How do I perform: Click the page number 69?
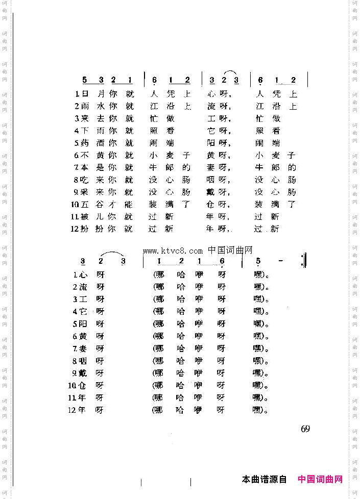[x=305, y=429]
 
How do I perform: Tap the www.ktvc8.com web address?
[x=173, y=251]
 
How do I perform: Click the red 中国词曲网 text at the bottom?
[x=320, y=479]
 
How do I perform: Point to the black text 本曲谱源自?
[x=265, y=479]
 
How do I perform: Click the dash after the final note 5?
[x=281, y=261]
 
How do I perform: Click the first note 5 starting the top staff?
[x=85, y=80]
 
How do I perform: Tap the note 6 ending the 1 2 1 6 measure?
[x=222, y=261]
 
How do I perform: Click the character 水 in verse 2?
[x=100, y=106]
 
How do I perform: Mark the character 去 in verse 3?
[x=100, y=118]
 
